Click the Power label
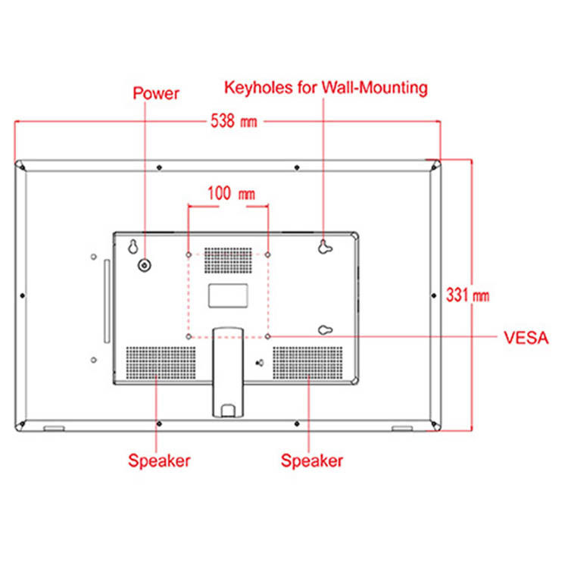click(x=156, y=94)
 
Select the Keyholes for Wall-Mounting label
click(x=326, y=88)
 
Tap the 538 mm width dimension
click(x=235, y=122)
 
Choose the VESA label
click(x=525, y=338)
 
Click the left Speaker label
click(x=159, y=460)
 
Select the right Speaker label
click(x=312, y=460)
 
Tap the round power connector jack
click(x=144, y=265)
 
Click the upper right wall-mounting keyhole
click(x=325, y=245)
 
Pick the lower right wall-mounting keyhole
click(x=325, y=330)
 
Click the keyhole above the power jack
click(x=133, y=247)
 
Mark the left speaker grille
click(x=160, y=363)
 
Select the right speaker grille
click(x=308, y=363)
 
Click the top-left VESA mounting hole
click(x=189, y=254)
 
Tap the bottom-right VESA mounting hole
click(x=268, y=335)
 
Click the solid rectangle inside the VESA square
click(x=228, y=295)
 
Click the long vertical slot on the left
click(x=106, y=301)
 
